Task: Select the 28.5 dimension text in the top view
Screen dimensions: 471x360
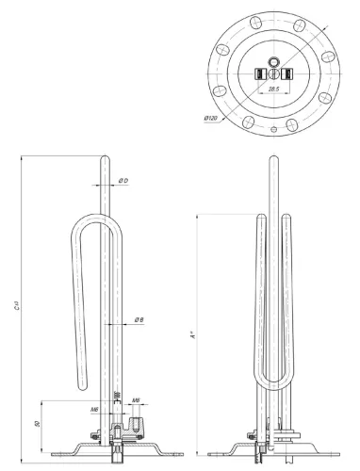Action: [x=273, y=88]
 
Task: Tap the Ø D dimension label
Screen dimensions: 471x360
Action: [x=123, y=180]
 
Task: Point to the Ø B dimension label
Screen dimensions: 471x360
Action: [x=139, y=320]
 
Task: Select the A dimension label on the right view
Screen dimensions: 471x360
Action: [x=193, y=332]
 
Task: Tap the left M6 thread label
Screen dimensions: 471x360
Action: [x=94, y=411]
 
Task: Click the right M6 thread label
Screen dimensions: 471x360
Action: [x=137, y=400]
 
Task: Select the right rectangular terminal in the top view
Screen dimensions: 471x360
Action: [x=284, y=73]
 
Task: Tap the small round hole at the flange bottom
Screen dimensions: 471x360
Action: [x=271, y=128]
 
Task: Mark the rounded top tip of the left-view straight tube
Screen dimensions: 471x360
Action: [x=103, y=152]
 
